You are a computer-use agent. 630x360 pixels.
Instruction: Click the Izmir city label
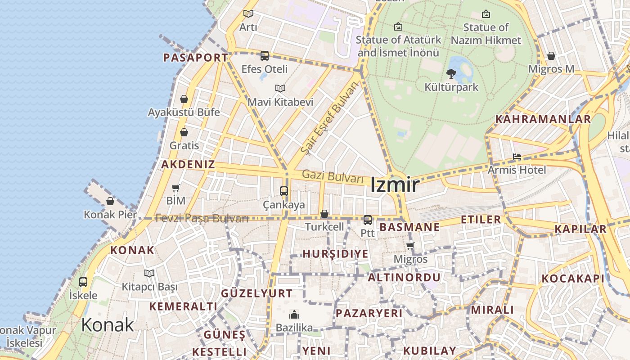pyautogui.click(x=395, y=185)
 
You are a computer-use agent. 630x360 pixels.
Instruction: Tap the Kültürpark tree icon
pyautogui.click(x=451, y=74)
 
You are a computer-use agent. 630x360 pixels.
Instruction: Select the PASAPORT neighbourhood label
pyautogui.click(x=195, y=58)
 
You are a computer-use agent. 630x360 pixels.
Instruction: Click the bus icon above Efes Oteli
pyautogui.click(x=265, y=56)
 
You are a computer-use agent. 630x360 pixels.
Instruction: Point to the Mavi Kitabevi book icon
pyautogui.click(x=280, y=89)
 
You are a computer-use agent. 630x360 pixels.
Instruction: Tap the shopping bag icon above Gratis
pyautogui.click(x=184, y=132)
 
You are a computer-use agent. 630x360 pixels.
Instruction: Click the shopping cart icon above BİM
pyautogui.click(x=175, y=188)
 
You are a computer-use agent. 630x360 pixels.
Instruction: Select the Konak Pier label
pyautogui.click(x=110, y=215)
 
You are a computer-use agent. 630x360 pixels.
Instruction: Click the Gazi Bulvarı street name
pyautogui.click(x=333, y=176)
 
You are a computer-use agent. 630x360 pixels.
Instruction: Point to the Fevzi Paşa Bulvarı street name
pyautogui.click(x=202, y=219)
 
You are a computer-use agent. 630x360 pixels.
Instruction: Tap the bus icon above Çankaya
pyautogui.click(x=283, y=191)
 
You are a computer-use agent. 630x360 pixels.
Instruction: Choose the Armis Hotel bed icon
pyautogui.click(x=517, y=157)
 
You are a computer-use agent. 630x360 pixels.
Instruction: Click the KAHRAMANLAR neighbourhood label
pyautogui.click(x=543, y=119)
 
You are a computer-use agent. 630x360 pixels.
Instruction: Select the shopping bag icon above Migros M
pyautogui.click(x=551, y=56)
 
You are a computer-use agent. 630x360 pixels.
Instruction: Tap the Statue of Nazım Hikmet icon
pyautogui.click(x=486, y=14)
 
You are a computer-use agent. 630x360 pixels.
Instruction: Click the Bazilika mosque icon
pyautogui.click(x=294, y=315)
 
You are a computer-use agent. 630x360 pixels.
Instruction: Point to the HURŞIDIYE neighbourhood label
pyautogui.click(x=335, y=254)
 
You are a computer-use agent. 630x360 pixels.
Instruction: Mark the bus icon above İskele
pyautogui.click(x=83, y=282)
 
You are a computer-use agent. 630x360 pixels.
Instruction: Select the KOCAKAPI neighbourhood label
pyautogui.click(x=573, y=279)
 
